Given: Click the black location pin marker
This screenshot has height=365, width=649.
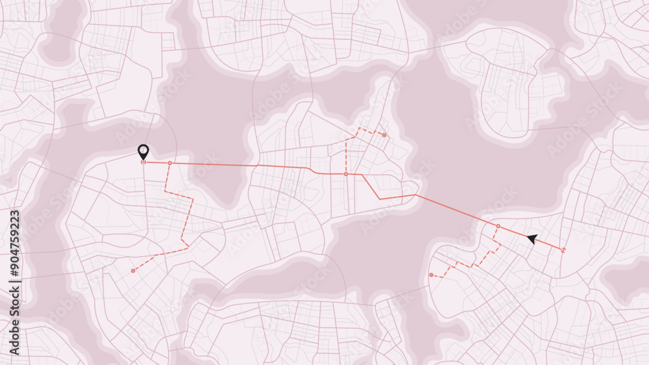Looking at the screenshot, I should click(x=143, y=152).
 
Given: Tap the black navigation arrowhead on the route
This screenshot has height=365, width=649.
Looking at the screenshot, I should click(x=532, y=239).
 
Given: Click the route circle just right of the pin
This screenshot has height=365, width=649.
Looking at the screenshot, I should click(x=170, y=163).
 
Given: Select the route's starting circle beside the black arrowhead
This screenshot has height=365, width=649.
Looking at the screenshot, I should click(x=563, y=250).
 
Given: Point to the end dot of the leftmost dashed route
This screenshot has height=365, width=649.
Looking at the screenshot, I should click(x=133, y=270).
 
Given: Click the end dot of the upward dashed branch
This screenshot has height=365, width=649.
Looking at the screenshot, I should click(x=384, y=135).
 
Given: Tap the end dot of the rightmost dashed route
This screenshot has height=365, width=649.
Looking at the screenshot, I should click(x=431, y=275).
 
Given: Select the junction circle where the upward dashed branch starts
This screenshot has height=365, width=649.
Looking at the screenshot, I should click(x=346, y=174).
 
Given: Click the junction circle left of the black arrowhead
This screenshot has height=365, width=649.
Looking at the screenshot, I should click(x=498, y=226).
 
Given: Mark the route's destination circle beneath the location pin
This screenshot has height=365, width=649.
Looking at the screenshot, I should click(x=143, y=162).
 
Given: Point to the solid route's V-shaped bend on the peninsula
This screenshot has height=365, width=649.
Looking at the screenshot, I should click(x=380, y=198).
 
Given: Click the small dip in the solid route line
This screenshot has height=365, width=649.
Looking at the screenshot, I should click(x=312, y=171).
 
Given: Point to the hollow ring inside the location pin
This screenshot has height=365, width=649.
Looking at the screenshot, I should click(x=143, y=150).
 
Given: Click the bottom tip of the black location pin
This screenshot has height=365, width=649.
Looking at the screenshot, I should click(x=143, y=160).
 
